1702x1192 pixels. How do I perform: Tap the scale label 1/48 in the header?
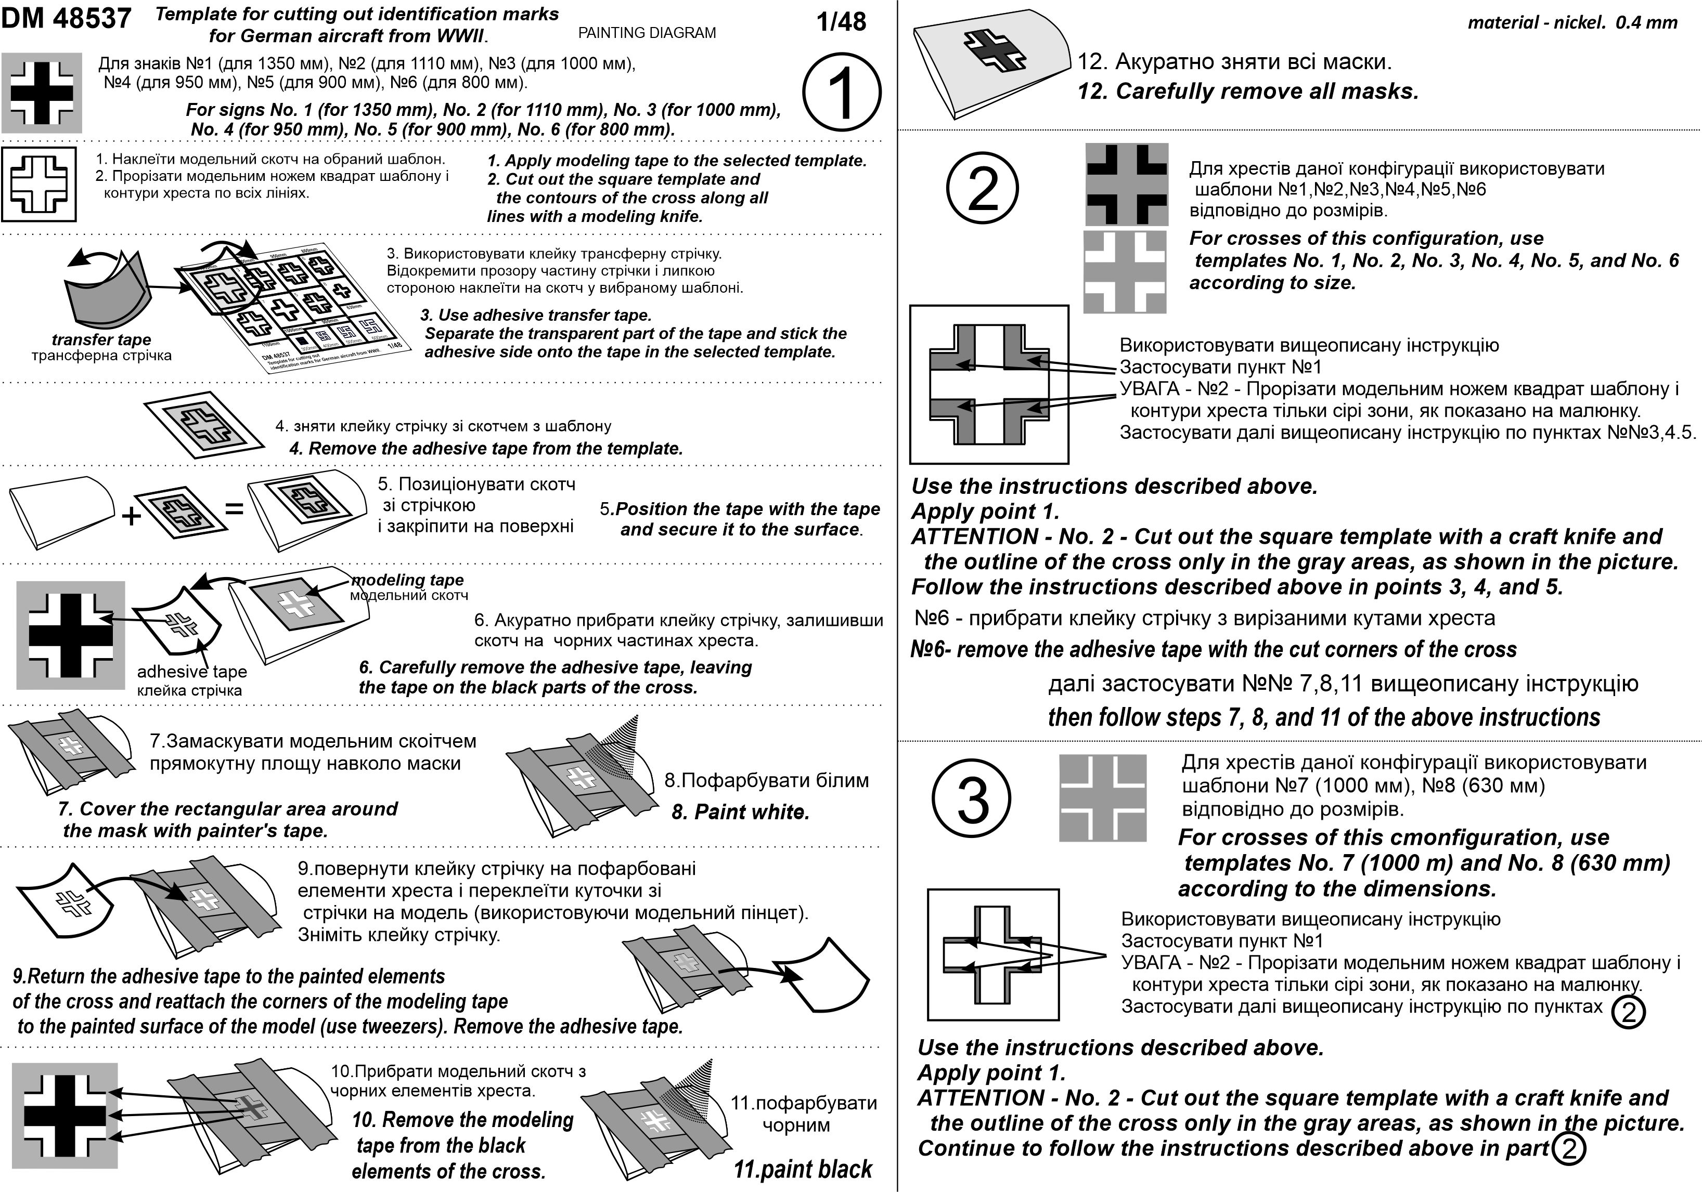(x=841, y=22)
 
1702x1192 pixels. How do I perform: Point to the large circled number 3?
(x=971, y=798)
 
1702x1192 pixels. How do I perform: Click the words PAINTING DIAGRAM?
(x=647, y=33)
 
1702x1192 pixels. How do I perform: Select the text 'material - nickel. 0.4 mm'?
(x=1572, y=23)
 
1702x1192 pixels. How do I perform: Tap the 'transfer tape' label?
(x=101, y=340)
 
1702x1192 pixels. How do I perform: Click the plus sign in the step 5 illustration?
(x=131, y=515)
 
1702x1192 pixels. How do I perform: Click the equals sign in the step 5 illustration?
(x=234, y=509)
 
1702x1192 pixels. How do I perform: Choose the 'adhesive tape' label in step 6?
(x=191, y=672)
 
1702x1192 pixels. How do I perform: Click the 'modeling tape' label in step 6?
(x=408, y=580)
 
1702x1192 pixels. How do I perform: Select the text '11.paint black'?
(x=802, y=1169)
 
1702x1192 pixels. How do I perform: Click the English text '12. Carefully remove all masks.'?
(x=1247, y=92)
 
